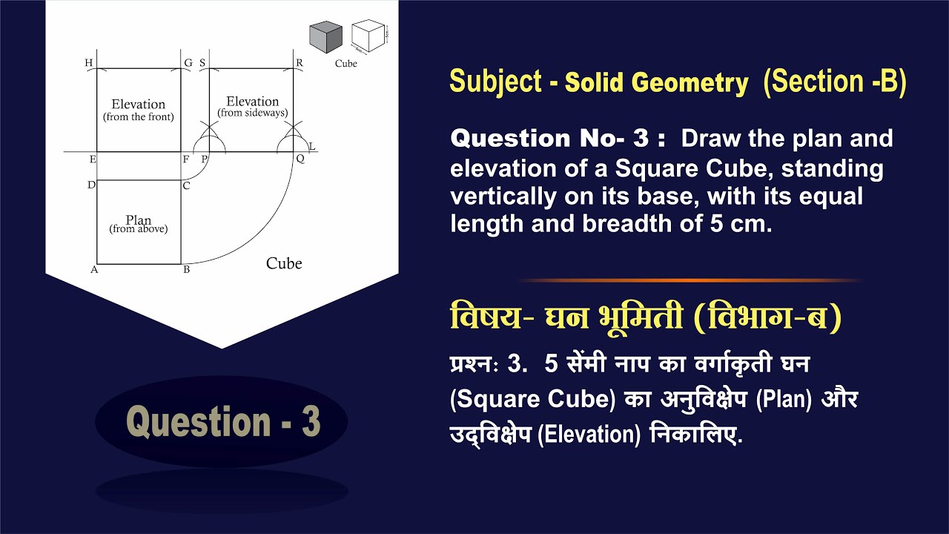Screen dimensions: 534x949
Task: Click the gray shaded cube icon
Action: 325,37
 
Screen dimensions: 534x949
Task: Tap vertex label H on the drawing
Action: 89,63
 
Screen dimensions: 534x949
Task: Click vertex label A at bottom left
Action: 94,270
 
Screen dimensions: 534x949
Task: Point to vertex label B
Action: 186,270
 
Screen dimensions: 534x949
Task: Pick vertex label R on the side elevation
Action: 300,63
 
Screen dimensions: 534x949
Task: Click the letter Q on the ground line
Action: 301,159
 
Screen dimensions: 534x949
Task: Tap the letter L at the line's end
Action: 312,146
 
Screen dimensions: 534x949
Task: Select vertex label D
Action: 91,185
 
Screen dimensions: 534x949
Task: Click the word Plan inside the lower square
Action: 139,220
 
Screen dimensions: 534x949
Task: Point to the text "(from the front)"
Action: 139,117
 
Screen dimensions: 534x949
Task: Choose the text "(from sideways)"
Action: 253,113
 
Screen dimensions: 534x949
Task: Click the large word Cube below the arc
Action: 284,263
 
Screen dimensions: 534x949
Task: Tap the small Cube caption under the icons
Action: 345,64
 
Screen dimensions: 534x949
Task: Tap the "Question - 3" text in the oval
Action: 223,421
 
